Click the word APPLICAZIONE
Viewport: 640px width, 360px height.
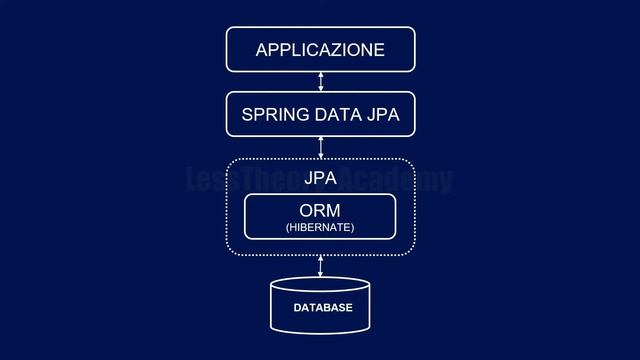pyautogui.click(x=320, y=50)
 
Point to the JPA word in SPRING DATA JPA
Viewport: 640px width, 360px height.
pyautogui.click(x=382, y=115)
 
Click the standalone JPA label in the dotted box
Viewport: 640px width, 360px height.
pyautogui.click(x=320, y=180)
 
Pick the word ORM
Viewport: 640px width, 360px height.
pyautogui.click(x=320, y=211)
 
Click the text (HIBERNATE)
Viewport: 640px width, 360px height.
pyautogui.click(x=320, y=228)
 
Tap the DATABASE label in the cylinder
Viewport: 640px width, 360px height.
pyautogui.click(x=322, y=307)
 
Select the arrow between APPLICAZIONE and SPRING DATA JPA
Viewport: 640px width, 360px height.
pyautogui.click(x=320, y=82)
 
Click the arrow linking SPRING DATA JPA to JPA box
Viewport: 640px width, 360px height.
pyautogui.click(x=320, y=146)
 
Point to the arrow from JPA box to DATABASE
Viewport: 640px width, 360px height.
pyautogui.click(x=320, y=266)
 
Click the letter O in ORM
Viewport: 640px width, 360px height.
pyautogui.click(x=307, y=211)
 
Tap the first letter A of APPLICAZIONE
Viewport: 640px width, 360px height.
pyautogui.click(x=262, y=50)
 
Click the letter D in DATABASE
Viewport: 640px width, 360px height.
pyautogui.click(x=297, y=307)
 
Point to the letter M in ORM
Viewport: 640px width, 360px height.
pyautogui.click(x=334, y=211)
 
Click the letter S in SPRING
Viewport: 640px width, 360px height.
pyautogui.click(x=247, y=115)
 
